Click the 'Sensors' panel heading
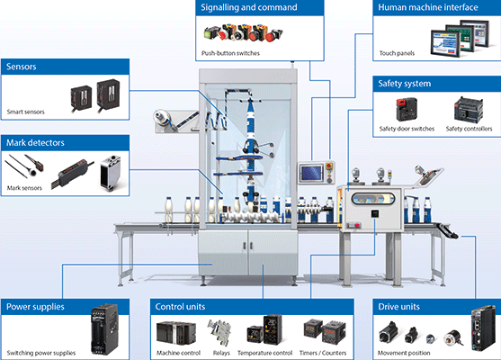pyautogui.click(x=21, y=67)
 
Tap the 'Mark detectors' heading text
pyautogui.click(x=35, y=142)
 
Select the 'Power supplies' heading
pyautogui.click(x=35, y=307)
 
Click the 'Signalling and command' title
pyautogui.click(x=249, y=7)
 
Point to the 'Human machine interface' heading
pyautogui.click(x=428, y=7)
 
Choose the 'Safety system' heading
pyautogui.click(x=405, y=84)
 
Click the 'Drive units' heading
pyautogui.click(x=398, y=307)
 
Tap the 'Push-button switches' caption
pyautogui.click(x=230, y=53)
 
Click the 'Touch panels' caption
pyautogui.click(x=397, y=53)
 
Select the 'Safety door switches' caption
pyautogui.click(x=407, y=129)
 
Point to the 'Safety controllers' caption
pyautogui.click(x=469, y=129)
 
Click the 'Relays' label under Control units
pyautogui.click(x=221, y=353)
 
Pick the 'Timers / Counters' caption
pyautogui.click(x=323, y=353)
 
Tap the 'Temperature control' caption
pyautogui.click(x=264, y=353)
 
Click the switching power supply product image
pyautogui.click(x=104, y=329)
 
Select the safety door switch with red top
pyautogui.click(x=407, y=109)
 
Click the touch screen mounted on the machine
pyautogui.click(x=311, y=173)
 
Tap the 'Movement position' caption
pyautogui.click(x=404, y=353)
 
